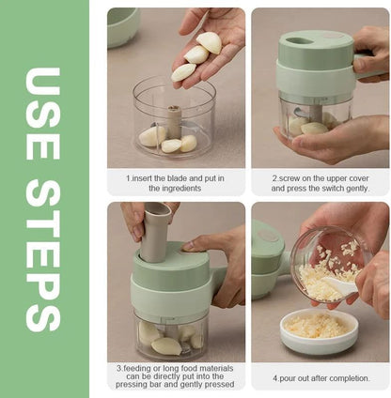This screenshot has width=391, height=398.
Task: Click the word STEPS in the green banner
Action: tap(45, 251)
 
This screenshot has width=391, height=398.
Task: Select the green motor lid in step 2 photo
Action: tap(315, 62)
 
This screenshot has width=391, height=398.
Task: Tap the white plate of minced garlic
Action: tap(317, 330)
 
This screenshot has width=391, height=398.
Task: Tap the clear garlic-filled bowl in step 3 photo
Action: tap(173, 333)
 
